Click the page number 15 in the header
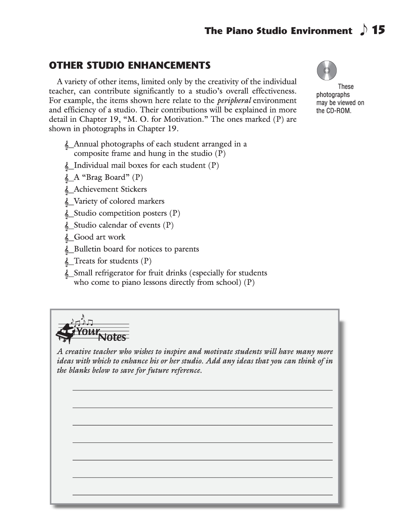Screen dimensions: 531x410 (379, 30)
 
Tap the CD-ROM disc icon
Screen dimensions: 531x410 (327, 71)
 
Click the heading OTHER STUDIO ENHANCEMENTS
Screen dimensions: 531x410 (130, 65)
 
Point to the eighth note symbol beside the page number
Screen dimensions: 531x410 (363, 30)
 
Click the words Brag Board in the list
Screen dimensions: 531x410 (105, 177)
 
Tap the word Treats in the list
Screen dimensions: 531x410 (86, 261)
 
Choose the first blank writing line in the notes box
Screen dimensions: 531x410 (202, 390)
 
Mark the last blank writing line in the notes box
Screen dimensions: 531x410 (202, 494)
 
